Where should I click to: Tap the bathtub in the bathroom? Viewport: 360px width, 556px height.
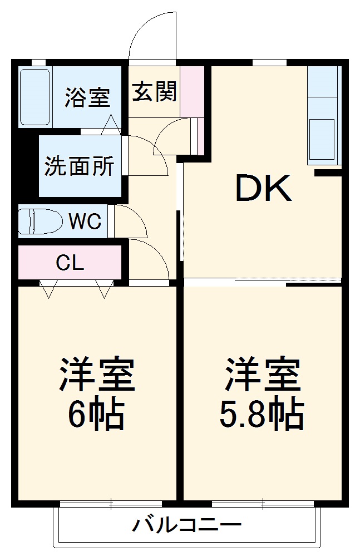pyautogui.click(x=36, y=97)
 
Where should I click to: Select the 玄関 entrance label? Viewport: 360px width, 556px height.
pyautogui.click(x=154, y=91)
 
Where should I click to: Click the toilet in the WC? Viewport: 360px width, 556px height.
pyautogui.click(x=40, y=221)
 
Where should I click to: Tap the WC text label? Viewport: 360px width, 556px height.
pyautogui.click(x=85, y=222)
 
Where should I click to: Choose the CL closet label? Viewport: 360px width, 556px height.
pyautogui.click(x=70, y=262)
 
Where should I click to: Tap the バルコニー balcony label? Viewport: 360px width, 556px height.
pyautogui.click(x=187, y=525)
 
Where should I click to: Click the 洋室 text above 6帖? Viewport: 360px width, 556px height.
pyautogui.click(x=97, y=376)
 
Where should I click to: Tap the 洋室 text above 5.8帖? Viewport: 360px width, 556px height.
pyautogui.click(x=263, y=376)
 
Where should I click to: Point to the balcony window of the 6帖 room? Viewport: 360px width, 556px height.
pyautogui.click(x=111, y=504)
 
